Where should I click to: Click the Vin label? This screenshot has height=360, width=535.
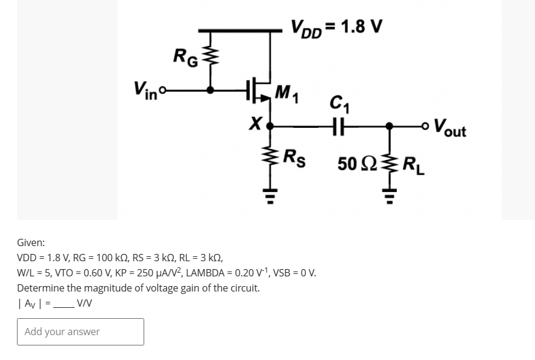pyautogui.click(x=146, y=90)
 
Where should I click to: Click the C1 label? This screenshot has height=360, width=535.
pyautogui.click(x=339, y=104)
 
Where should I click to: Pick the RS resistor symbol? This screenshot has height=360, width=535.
pyautogui.click(x=270, y=159)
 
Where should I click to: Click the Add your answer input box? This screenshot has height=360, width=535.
pyautogui.click(x=81, y=332)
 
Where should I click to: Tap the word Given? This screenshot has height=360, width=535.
pyautogui.click(x=30, y=242)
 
